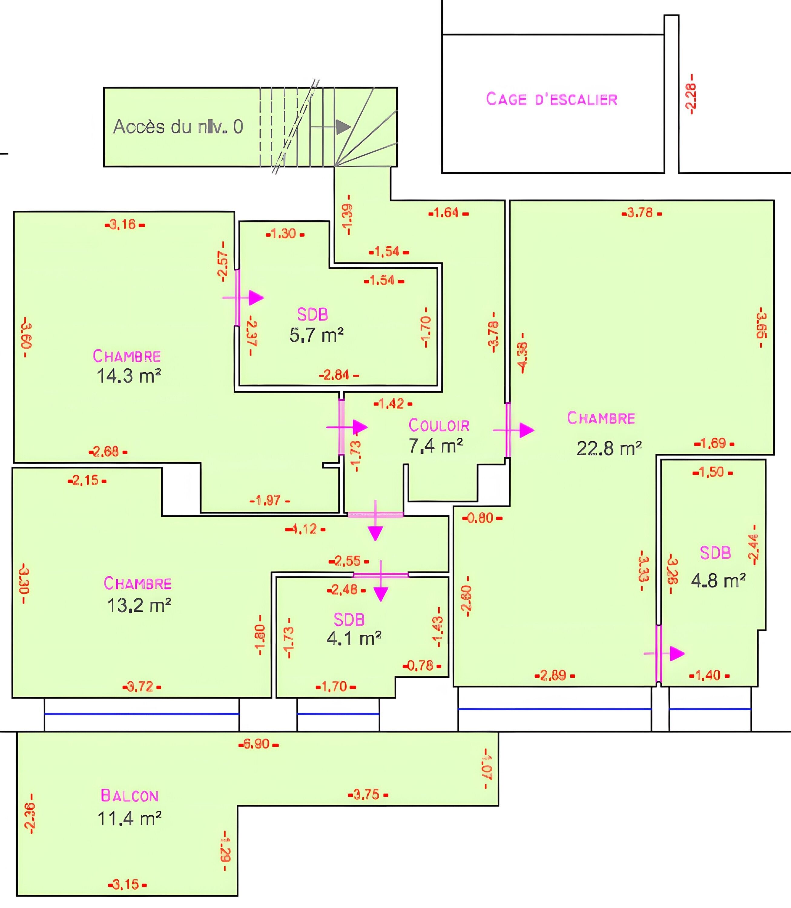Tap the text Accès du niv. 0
178,127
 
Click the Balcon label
129,795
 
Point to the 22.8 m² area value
609,449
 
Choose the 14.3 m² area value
128,376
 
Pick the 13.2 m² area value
139,605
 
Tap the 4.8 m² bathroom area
718,581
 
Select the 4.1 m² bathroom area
354,638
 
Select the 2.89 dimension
554,675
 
